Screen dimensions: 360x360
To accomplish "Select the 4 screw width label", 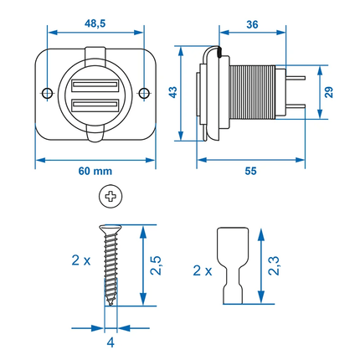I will pos(110,342).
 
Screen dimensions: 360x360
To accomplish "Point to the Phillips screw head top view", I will pos(110,198).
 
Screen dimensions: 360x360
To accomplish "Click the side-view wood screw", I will pos(110,264).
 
